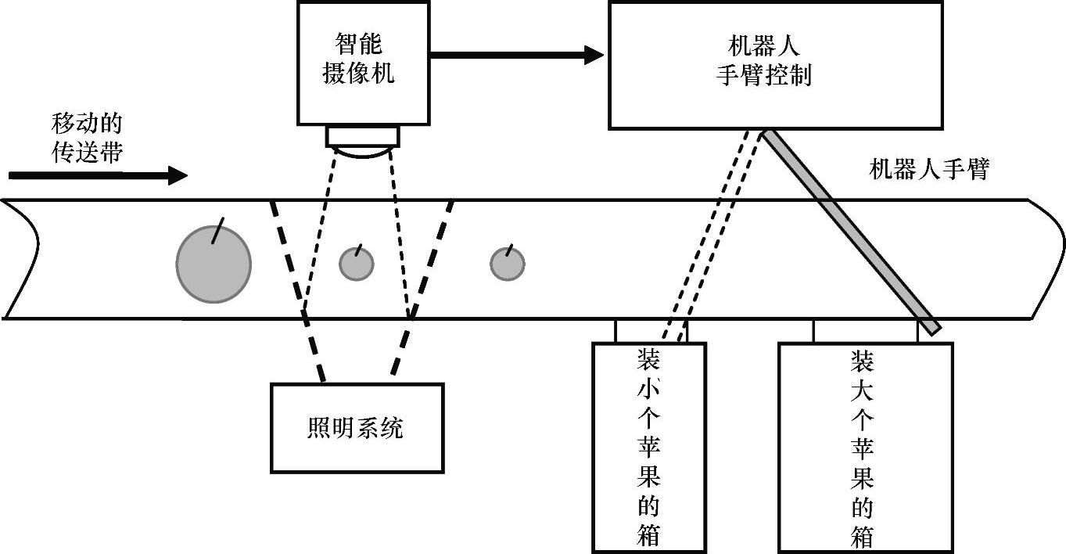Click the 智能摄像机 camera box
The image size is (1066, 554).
[x=363, y=63]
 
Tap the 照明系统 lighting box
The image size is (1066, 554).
[x=357, y=428]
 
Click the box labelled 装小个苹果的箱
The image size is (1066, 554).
[x=649, y=447]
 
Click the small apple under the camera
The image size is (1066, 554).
[x=357, y=264]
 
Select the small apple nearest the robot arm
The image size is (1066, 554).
[x=507, y=264]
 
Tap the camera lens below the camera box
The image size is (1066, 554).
[x=363, y=142]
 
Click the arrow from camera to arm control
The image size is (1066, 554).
[x=516, y=55]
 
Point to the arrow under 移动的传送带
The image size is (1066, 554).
[x=99, y=175]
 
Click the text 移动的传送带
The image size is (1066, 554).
[x=87, y=138]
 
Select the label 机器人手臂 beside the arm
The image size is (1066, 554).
[x=929, y=169]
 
